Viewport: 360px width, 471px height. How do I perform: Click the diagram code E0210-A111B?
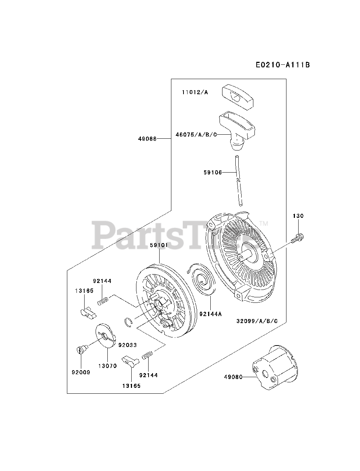283,65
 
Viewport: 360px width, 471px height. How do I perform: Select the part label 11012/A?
195,92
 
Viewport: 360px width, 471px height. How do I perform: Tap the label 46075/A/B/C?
196,135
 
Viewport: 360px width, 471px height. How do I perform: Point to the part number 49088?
148,139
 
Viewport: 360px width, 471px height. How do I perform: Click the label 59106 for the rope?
213,172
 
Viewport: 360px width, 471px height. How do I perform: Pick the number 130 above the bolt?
298,216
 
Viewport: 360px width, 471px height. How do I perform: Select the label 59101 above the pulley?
159,245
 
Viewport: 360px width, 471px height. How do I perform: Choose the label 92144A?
211,314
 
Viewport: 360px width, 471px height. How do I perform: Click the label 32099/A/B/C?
257,321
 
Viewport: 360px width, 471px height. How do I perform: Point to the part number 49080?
233,377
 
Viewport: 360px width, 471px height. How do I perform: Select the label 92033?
128,345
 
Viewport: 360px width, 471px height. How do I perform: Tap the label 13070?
107,366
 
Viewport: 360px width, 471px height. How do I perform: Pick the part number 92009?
81,372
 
